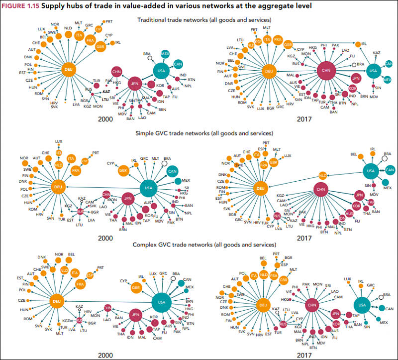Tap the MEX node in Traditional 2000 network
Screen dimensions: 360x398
165,54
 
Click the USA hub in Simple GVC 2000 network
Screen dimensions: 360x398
148,188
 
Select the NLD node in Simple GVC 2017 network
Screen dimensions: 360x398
322,176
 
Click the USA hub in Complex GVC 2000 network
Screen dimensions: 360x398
161,302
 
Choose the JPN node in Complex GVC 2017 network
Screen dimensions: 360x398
336,314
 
